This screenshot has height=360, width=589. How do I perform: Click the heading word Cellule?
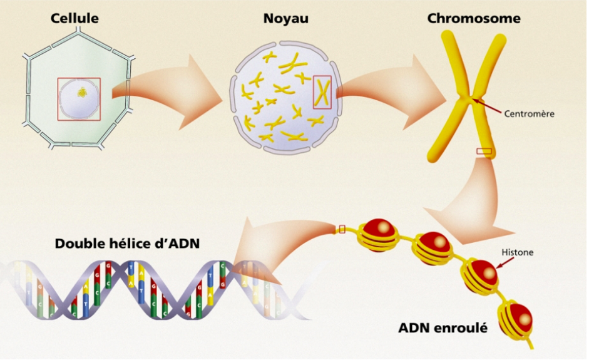tap(74, 19)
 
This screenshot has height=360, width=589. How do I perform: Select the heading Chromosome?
tap(473, 19)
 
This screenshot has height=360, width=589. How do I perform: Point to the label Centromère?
tap(529, 114)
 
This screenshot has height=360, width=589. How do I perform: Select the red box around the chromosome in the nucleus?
tap(322, 91)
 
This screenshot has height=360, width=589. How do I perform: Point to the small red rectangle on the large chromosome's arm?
tap(484, 151)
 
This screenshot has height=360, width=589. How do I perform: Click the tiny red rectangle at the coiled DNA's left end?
tap(342, 229)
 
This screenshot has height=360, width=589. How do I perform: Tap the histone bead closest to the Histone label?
tap(480, 274)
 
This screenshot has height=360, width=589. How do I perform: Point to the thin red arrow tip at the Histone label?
tap(497, 267)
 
